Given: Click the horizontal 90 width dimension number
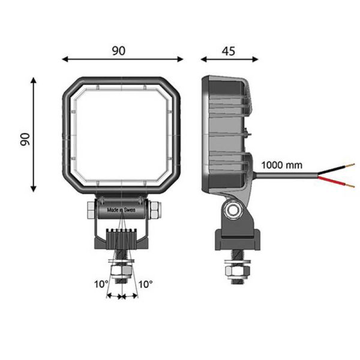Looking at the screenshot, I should click(119, 50).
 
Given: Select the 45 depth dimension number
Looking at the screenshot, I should click(228, 50).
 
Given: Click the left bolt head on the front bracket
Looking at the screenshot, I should click(90, 211).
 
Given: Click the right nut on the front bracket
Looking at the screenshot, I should click(155, 211).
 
